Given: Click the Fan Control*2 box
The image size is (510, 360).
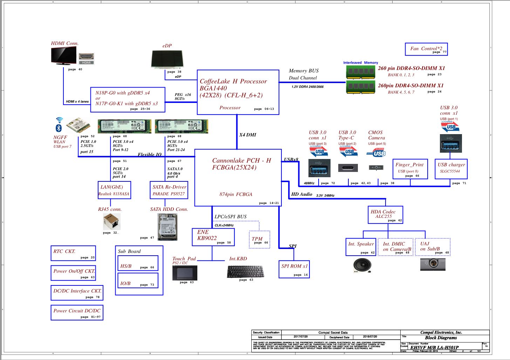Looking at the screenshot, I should [426, 49].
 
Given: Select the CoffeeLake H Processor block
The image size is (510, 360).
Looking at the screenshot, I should [238, 92].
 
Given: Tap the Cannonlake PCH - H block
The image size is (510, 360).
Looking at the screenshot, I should [238, 178].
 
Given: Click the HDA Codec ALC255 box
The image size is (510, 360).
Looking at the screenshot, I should [385, 215].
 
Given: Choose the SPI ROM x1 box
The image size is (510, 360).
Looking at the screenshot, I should [294, 269].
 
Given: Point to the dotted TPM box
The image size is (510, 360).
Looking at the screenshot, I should [259, 240].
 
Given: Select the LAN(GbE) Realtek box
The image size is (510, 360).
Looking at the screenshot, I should [114, 190].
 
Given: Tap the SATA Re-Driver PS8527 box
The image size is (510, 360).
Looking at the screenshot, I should [169, 190].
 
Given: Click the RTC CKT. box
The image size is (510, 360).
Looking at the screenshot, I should [73, 253].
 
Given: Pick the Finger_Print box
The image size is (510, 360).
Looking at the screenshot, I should [410, 169].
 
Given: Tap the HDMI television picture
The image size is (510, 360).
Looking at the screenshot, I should [64, 55].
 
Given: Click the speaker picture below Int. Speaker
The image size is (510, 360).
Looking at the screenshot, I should [362, 265].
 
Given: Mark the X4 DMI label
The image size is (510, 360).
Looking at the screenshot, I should [247, 135].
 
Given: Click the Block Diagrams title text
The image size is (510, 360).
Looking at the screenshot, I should [441, 338].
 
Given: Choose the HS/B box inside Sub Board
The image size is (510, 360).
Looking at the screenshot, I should [137, 263].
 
